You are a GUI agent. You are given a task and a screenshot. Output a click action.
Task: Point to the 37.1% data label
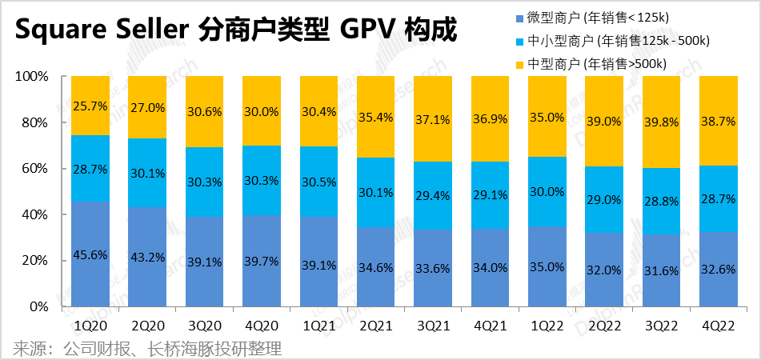[434, 118]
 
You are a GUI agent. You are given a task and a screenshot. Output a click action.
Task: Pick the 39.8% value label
[663, 120]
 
